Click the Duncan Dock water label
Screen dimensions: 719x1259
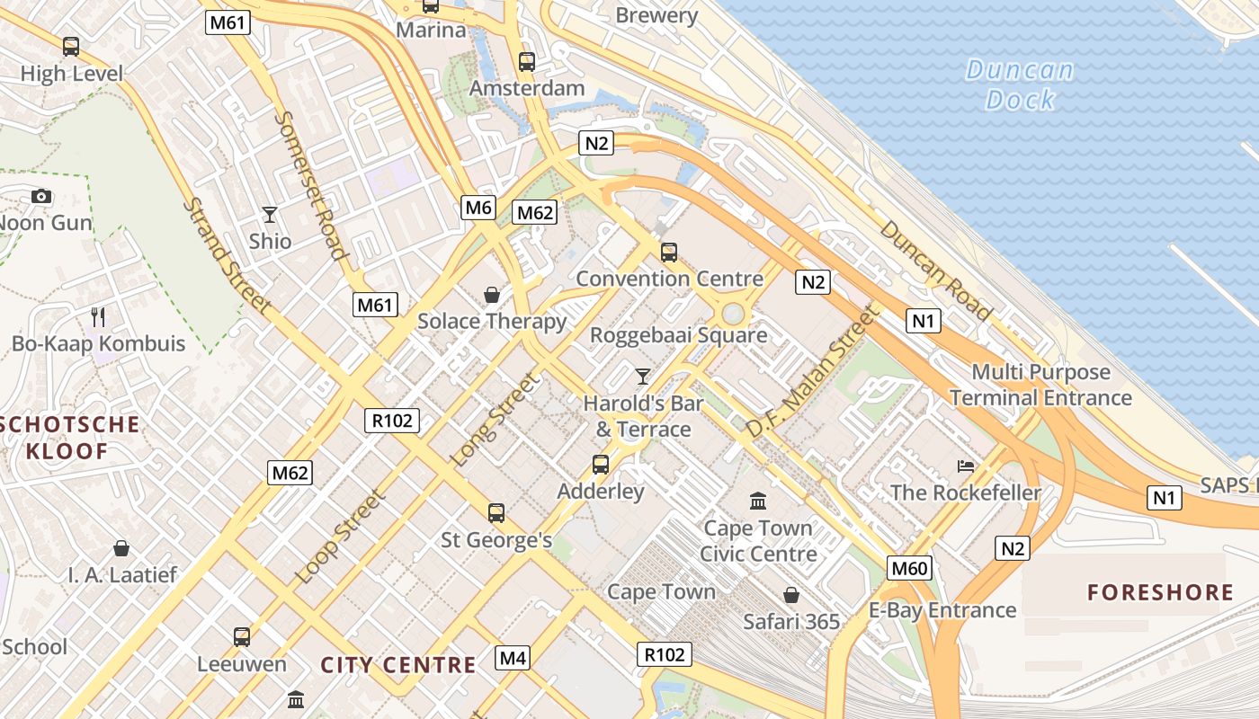pos(1019,84)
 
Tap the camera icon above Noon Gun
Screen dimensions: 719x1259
pos(40,196)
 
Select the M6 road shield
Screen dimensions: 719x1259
pos(478,208)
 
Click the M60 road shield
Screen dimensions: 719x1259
pos(910,568)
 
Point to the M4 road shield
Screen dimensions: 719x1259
pos(513,658)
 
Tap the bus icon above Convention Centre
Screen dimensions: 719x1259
pos(668,253)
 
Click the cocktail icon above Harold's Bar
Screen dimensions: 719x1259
pos(642,376)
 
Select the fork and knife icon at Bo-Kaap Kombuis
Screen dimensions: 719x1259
pos(99,316)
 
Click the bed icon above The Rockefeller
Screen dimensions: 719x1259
pos(966,466)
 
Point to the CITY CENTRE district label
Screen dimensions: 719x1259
pos(398,665)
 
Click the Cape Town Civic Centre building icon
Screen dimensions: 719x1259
pos(758,501)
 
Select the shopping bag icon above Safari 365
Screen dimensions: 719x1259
pos(791,595)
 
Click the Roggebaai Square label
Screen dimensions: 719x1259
pos(678,335)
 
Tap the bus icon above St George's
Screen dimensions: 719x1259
pos(496,513)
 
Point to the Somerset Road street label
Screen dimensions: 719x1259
pos(310,185)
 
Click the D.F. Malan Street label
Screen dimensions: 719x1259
pos(809,371)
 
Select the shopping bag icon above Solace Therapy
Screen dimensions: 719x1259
pos(492,295)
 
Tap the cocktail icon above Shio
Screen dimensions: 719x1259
pos(269,214)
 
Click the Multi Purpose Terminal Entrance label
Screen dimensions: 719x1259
pos(1040,385)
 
